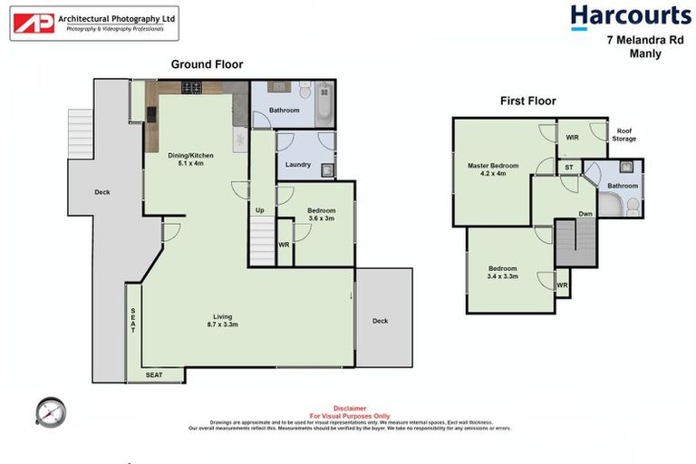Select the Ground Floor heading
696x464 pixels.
click(207, 63)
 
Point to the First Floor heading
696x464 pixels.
click(527, 101)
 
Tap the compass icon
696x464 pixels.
click(50, 411)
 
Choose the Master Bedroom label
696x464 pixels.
click(493, 169)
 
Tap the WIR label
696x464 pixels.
click(573, 138)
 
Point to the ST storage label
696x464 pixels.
click(569, 168)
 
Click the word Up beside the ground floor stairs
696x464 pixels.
click(260, 210)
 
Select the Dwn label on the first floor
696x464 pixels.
click(586, 215)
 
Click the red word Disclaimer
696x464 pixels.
click(349, 408)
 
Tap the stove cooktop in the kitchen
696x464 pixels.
click(191, 88)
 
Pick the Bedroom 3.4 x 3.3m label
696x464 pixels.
click(503, 273)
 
